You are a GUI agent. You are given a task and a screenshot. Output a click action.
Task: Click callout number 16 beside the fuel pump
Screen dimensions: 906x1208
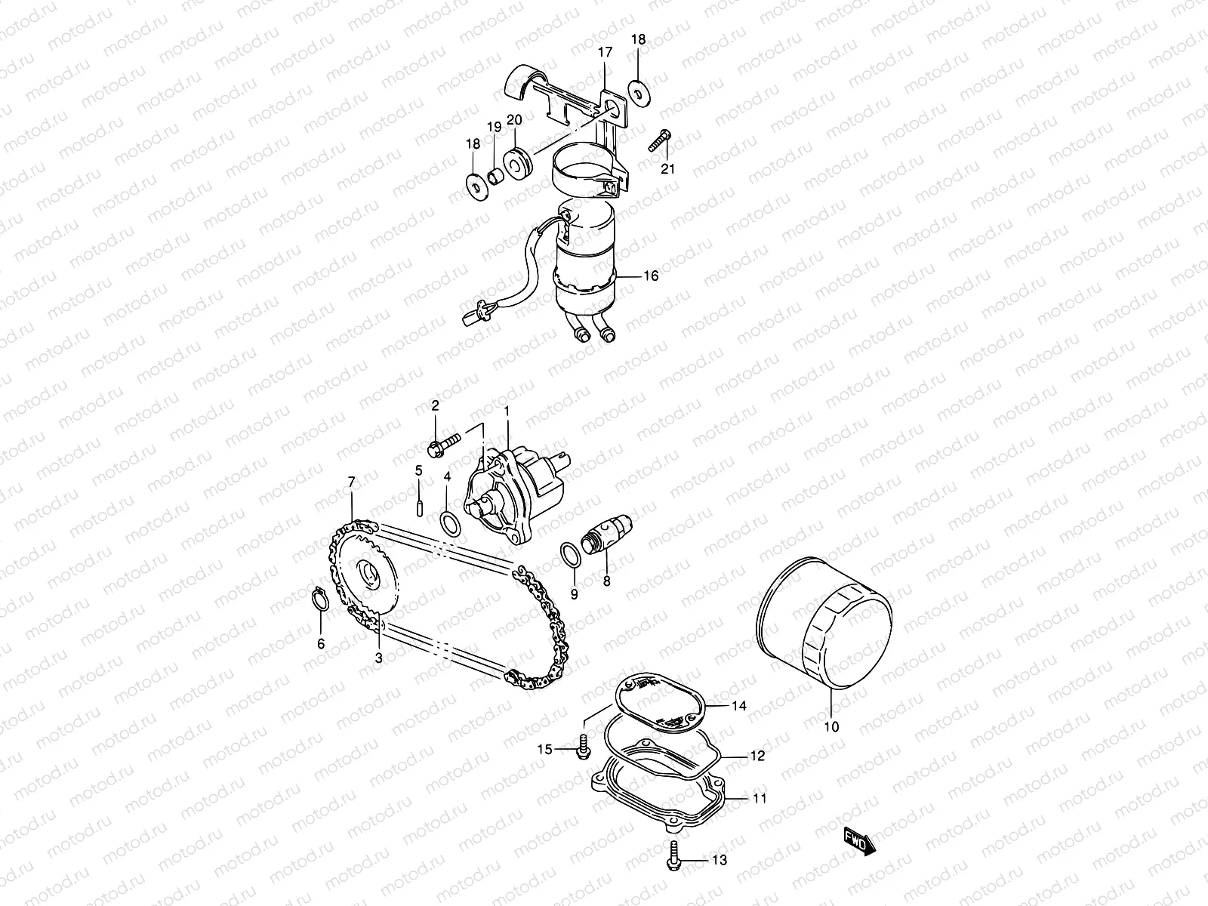point(650,276)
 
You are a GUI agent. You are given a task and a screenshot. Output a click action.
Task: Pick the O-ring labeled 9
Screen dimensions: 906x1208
point(572,555)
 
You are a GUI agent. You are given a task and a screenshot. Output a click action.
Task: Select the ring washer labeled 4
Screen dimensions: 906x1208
point(448,522)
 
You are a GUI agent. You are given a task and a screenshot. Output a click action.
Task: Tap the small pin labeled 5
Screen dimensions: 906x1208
point(418,504)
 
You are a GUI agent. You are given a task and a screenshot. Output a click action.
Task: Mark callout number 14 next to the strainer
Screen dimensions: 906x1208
point(738,706)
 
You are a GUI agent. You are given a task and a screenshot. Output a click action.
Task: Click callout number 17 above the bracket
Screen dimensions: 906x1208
point(605,52)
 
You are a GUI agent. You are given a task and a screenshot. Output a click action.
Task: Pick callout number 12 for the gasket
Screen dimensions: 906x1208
point(757,755)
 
